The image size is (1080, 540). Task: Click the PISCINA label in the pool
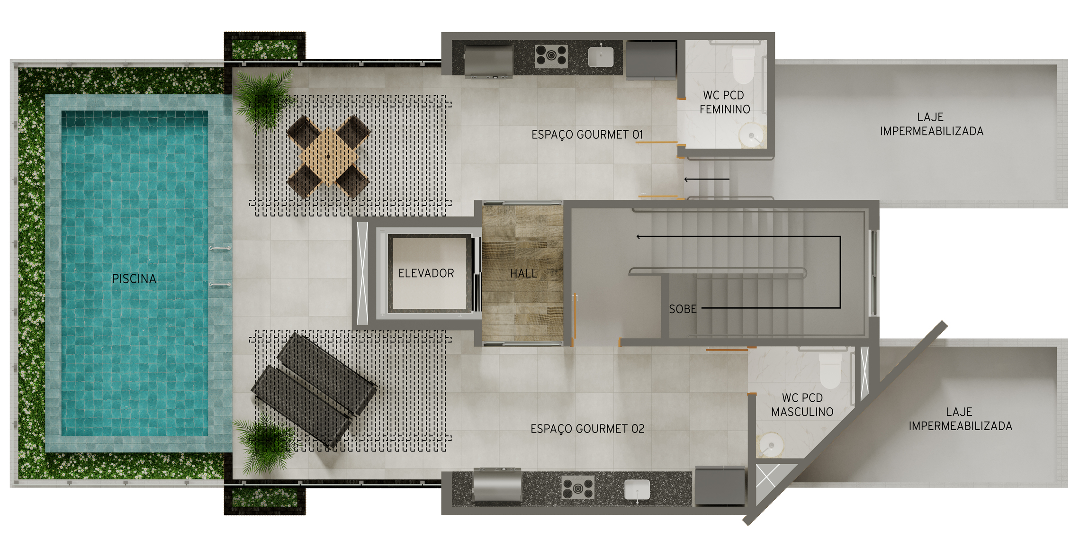point(134,279)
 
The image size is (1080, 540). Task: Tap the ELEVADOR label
point(426,273)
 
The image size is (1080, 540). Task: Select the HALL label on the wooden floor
point(523,273)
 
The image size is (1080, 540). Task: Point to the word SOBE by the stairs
point(683,309)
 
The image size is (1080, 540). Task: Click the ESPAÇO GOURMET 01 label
point(587,135)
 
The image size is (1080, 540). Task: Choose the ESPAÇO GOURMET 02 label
point(587,429)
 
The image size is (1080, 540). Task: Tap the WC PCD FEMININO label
point(724,102)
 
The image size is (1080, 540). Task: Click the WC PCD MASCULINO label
point(802,405)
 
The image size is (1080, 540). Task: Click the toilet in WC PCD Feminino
point(743,65)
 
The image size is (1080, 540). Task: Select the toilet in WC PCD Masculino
point(830,370)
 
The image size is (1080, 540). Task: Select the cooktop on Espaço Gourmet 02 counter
point(578,488)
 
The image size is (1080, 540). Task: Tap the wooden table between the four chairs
point(328,157)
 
